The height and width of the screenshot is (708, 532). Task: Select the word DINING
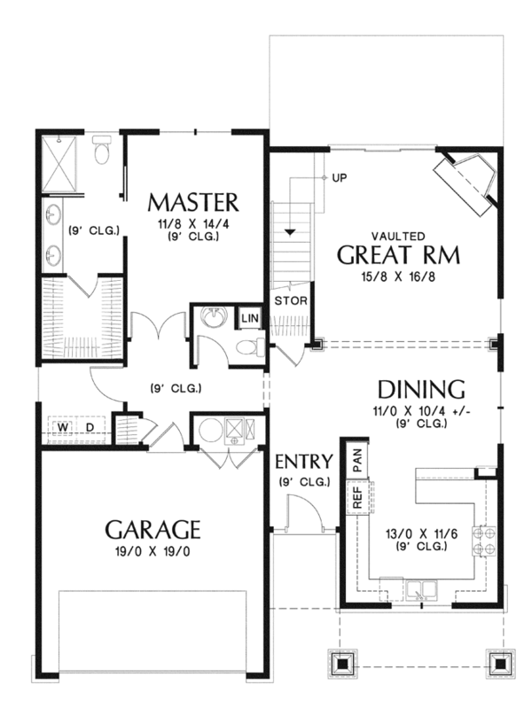410,389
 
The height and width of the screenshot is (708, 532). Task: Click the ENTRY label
303,462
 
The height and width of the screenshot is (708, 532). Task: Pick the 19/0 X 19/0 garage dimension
153,551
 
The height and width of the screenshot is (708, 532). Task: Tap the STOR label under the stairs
291,300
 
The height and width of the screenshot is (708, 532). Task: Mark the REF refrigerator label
357,498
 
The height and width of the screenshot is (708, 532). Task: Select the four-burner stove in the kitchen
484,541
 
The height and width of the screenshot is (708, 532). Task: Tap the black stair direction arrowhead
290,232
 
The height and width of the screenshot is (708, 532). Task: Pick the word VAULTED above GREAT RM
397,236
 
